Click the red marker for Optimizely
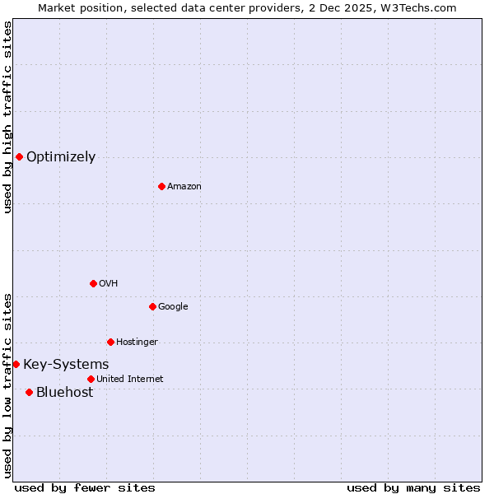click(19, 156)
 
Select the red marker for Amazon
click(161, 186)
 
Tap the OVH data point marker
click(93, 283)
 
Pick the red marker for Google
click(152, 306)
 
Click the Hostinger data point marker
click(110, 342)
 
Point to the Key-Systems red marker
click(16, 364)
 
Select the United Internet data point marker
click(91, 379)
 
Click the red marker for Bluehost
click(29, 392)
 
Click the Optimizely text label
click(61, 157)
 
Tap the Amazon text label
click(184, 187)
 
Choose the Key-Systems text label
click(66, 365)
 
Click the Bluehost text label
click(64, 393)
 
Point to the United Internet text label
click(130, 380)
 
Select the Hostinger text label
click(137, 343)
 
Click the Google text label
click(173, 307)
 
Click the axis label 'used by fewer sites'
click(85, 487)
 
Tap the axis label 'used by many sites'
click(413, 487)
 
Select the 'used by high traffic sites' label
click(7, 117)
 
